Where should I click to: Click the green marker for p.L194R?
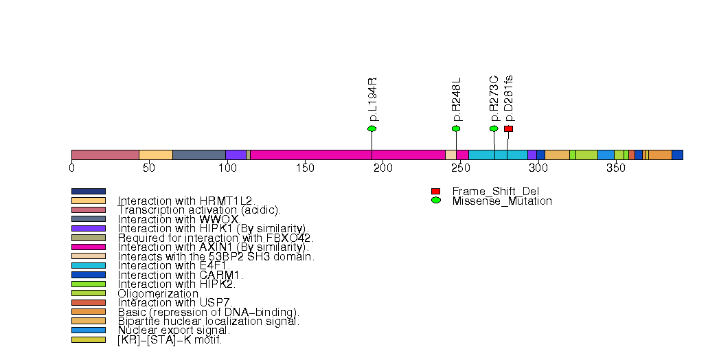pyautogui.click(x=372, y=128)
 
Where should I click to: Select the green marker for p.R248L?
pyautogui.click(x=456, y=128)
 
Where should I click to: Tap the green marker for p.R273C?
pyautogui.click(x=494, y=128)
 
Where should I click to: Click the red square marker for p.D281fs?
pyautogui.click(x=508, y=128)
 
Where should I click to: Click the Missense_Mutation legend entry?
pyautogui.click(x=501, y=201)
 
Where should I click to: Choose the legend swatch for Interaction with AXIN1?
pyautogui.click(x=89, y=247)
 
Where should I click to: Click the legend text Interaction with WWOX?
pyautogui.click(x=178, y=219)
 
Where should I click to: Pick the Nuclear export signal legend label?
pyautogui.click(x=173, y=330)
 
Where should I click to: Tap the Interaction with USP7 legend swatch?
pyautogui.click(x=89, y=302)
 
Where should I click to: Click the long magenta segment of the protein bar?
pyautogui.click(x=347, y=155)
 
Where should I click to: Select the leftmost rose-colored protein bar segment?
pyautogui.click(x=105, y=155)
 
